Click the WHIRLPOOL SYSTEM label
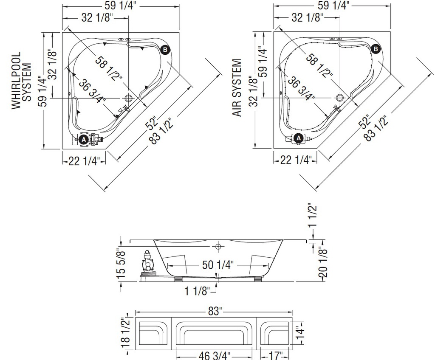tap(21, 81)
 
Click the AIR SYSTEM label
tap(237, 87)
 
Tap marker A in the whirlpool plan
tap(84, 140)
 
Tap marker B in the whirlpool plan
tap(165, 50)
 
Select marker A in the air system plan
tap(299, 138)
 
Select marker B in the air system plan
tap(376, 49)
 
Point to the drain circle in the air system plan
tap(340, 98)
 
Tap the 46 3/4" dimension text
tap(214, 355)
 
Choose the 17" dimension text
tap(275, 355)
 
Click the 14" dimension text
tap(300, 332)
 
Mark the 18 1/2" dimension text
tap(125, 334)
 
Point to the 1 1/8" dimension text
tap(197, 291)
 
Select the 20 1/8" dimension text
tap(323, 262)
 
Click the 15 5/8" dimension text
tap(122, 265)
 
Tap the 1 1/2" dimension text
tap(313, 216)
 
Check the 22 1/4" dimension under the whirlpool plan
tap(84, 161)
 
